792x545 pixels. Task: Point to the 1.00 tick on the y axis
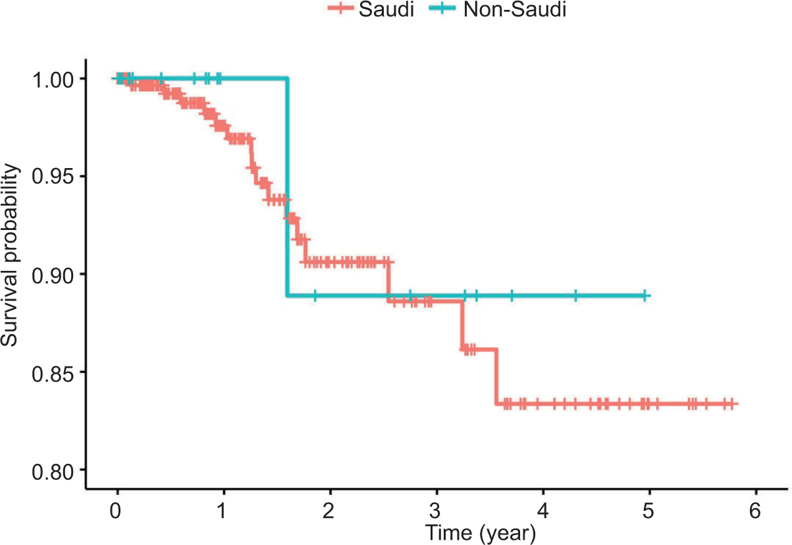pyautogui.click(x=57, y=79)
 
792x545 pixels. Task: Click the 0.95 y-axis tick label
pyautogui.click(x=57, y=177)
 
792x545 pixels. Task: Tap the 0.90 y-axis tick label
pyautogui.click(x=57, y=274)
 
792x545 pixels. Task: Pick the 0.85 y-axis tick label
pyautogui.click(x=57, y=372)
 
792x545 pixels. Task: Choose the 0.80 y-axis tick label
pyautogui.click(x=57, y=469)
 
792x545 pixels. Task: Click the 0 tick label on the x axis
pyautogui.click(x=117, y=509)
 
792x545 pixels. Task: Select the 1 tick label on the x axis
pyautogui.click(x=224, y=509)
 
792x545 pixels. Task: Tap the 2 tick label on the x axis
pyautogui.click(x=330, y=509)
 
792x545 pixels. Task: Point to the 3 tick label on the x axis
pyautogui.click(x=436, y=509)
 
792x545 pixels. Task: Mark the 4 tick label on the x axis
pyautogui.click(x=543, y=509)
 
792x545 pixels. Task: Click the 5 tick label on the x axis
pyautogui.click(x=649, y=509)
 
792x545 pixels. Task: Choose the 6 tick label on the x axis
pyautogui.click(x=756, y=509)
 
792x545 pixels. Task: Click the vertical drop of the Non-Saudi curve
pyautogui.click(x=287, y=188)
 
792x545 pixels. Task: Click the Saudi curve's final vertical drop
pyautogui.click(x=497, y=376)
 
